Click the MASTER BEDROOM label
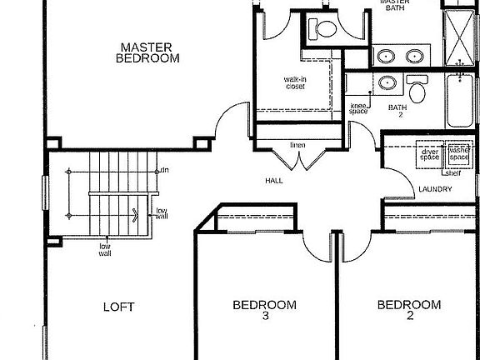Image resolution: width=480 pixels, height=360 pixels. click(149, 52)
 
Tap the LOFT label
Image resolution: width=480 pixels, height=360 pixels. click(118, 307)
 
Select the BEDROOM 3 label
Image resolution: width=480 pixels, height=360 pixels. click(264, 310)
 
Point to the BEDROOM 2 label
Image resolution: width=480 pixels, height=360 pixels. click(408, 310)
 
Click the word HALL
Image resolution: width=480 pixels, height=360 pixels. click(274, 180)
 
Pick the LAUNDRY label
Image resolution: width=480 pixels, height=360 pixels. click(435, 189)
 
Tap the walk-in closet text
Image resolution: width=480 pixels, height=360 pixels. click(295, 82)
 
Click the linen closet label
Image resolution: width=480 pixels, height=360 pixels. click(297, 146)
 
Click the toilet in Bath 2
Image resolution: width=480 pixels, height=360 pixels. click(417, 87)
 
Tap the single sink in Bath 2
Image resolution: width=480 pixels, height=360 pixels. click(387, 84)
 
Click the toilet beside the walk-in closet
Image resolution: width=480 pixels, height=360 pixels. click(322, 31)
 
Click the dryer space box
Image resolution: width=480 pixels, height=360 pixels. click(429, 154)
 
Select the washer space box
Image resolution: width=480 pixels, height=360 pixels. click(458, 154)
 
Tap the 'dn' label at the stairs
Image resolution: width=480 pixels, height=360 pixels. click(165, 170)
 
